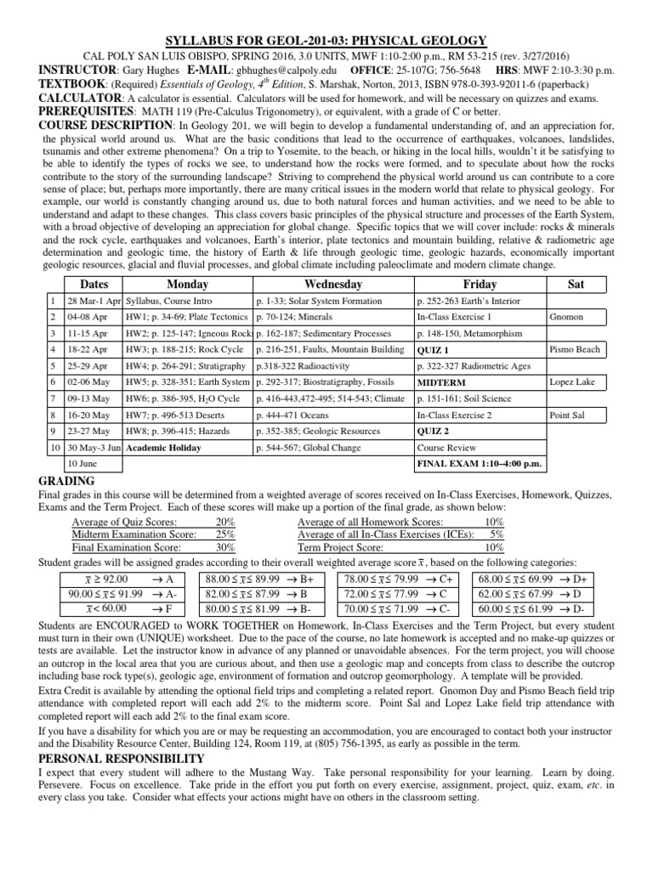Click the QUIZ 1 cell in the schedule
[433, 349]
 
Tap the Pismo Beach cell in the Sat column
[575, 349]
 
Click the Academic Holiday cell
[162, 448]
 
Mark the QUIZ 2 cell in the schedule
[433, 432]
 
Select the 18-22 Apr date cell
[85, 349]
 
